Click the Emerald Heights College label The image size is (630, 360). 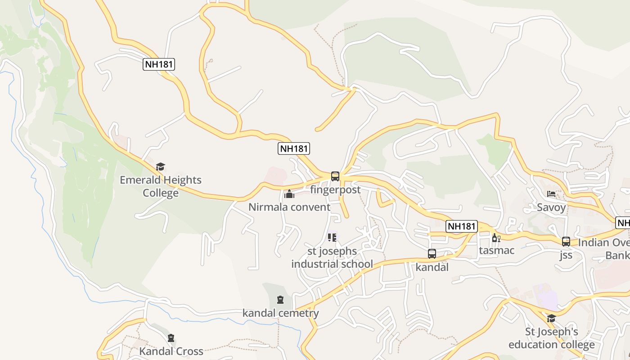click(161, 186)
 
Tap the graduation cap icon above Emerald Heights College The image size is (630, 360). click(161, 167)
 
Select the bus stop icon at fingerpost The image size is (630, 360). click(335, 176)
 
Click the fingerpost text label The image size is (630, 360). click(335, 190)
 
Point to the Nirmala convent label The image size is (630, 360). click(289, 207)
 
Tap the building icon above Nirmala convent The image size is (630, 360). click(289, 194)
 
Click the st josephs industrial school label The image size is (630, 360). click(332, 258)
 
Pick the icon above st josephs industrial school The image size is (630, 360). click(332, 237)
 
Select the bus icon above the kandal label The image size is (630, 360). click(432, 253)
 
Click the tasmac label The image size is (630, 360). click(497, 250)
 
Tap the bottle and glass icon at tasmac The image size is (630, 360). click(496, 238)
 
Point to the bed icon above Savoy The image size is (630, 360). click(551, 194)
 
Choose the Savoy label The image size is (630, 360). click(551, 207)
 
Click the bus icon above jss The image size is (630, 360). click(566, 241)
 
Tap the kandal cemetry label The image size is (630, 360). click(280, 313)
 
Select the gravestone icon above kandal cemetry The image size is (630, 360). click(280, 299)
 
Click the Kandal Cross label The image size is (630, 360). click(171, 351)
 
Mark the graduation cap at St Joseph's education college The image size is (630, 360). click(551, 319)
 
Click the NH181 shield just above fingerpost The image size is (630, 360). click(294, 148)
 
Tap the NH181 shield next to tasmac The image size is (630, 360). click(462, 226)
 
